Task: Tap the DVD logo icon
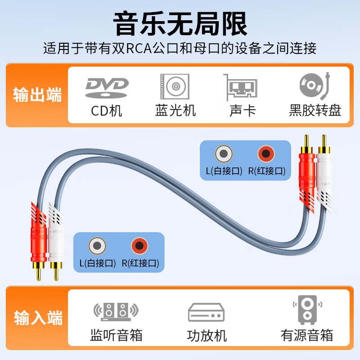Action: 107,87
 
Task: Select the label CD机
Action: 107,111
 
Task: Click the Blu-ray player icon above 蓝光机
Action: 175,86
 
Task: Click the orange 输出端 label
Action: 37,95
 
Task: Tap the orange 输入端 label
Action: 37,318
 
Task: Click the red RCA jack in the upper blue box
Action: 266,154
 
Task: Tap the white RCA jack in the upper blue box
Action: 224,154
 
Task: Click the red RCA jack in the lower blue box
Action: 139,246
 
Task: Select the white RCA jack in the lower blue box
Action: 97,246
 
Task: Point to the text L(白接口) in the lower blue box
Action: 98,263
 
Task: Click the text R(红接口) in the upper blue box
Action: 267,171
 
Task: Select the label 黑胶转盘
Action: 315,111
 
